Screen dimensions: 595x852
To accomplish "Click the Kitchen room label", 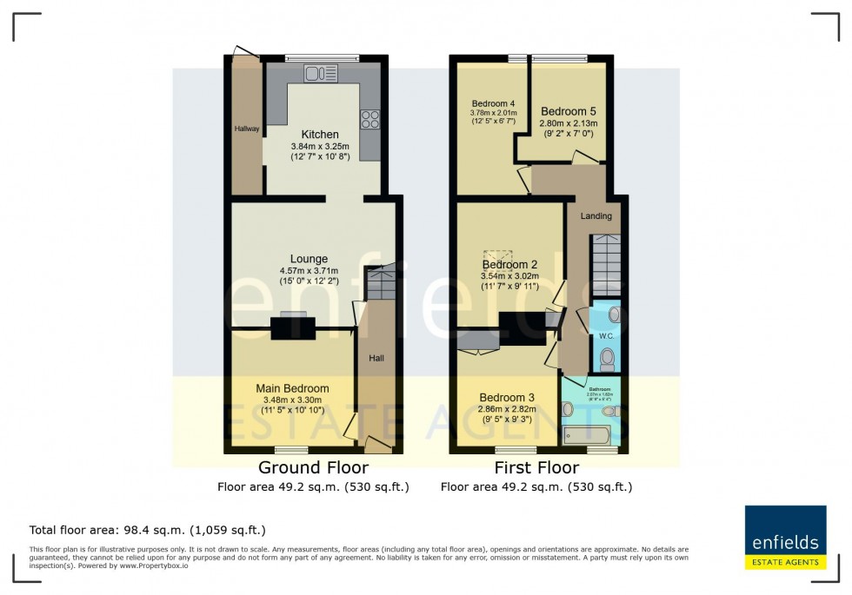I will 320,135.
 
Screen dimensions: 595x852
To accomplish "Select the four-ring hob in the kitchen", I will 370,120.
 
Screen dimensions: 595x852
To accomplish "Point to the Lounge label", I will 309,259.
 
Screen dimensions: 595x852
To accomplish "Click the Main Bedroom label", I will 292,388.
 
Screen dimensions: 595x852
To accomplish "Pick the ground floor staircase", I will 379,283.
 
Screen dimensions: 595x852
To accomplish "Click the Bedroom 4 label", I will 493,103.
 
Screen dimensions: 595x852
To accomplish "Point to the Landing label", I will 596,216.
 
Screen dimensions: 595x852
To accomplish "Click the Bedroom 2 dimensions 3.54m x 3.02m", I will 510,277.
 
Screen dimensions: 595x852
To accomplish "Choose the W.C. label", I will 606,335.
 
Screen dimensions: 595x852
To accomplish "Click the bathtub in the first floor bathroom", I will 588,435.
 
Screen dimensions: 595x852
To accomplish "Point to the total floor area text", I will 148,530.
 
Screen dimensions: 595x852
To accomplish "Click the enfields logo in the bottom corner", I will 785,537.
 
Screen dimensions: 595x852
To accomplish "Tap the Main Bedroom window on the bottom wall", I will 291,450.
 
